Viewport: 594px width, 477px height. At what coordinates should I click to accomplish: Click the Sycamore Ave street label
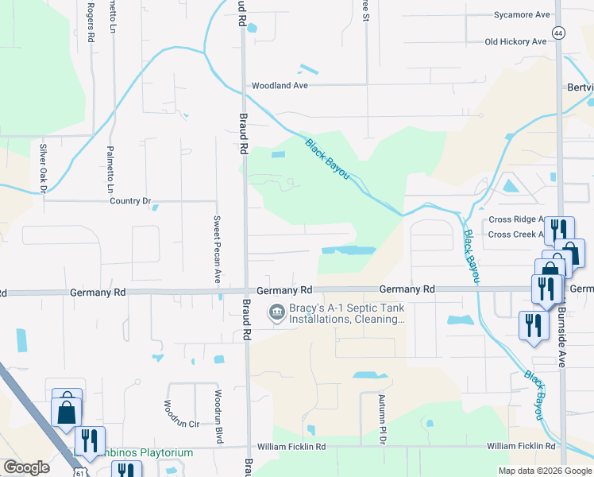pos(522,15)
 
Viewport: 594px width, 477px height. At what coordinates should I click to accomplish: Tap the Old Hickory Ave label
pos(515,41)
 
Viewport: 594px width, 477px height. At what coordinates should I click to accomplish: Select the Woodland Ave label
pos(280,86)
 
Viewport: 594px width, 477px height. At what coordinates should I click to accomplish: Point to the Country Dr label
pos(130,201)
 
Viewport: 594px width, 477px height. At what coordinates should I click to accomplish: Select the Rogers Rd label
pos(92,21)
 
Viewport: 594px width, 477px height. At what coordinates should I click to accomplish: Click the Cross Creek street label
pos(515,235)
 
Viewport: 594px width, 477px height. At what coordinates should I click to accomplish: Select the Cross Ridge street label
pos(515,219)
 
